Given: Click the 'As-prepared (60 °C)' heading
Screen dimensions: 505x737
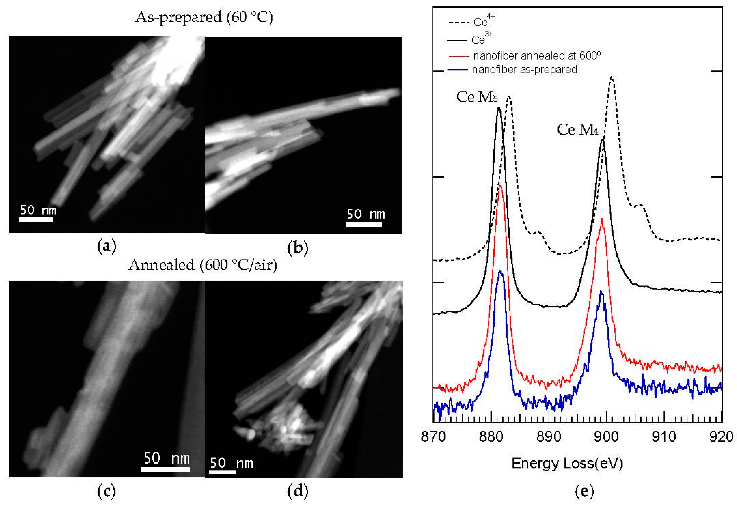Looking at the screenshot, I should pos(204,17).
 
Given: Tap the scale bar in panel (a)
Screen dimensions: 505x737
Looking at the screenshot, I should pos(36,219).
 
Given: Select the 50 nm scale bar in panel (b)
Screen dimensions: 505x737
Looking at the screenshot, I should pos(364,224).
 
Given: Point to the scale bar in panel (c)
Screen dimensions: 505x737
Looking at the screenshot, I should pos(165,469).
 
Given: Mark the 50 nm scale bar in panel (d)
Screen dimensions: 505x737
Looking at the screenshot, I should pos(223,472).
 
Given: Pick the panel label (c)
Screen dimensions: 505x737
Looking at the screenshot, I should pos(107,491).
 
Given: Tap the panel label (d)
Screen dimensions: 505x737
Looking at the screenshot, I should pos(297,491).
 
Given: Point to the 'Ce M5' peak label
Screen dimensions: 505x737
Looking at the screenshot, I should pos(477,97).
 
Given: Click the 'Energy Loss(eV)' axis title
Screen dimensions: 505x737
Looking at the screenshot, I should pos(567,464).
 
